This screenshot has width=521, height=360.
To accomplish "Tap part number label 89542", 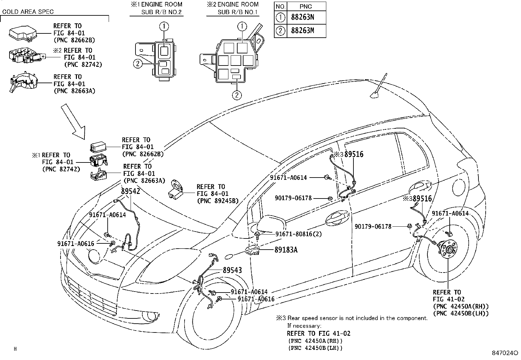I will pyautogui.click(x=131, y=191).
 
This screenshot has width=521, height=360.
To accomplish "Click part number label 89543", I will pyautogui.click(x=232, y=270).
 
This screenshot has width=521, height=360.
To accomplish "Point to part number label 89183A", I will pyautogui.click(x=286, y=250).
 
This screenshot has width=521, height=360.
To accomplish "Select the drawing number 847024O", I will pyautogui.click(x=505, y=353).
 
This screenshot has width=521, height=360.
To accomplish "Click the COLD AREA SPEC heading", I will pyautogui.click(x=28, y=12).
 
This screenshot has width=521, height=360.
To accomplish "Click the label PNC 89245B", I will pyautogui.click(x=218, y=201).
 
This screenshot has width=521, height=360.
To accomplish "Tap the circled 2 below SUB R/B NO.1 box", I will pyautogui.click(x=237, y=95).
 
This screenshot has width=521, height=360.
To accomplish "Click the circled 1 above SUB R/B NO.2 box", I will pyautogui.click(x=165, y=26).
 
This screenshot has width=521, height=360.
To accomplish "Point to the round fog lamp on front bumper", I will pyautogui.click(x=150, y=316).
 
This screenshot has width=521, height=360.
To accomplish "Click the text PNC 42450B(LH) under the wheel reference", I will pyautogui.click(x=460, y=313).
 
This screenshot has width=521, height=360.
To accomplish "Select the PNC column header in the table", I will pyautogui.click(x=306, y=6).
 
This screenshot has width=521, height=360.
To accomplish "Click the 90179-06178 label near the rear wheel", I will pyautogui.click(x=373, y=226).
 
